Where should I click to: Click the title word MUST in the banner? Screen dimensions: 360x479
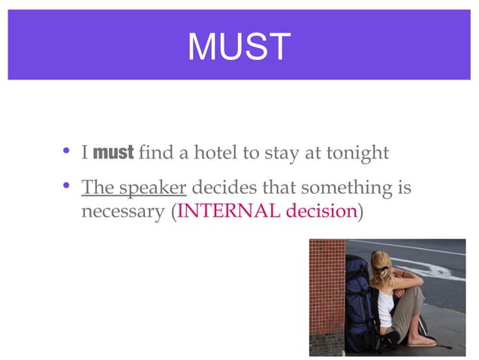(x=239, y=47)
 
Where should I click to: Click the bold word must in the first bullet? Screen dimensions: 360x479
(x=113, y=153)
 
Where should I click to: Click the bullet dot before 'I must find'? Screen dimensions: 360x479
(x=66, y=153)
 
